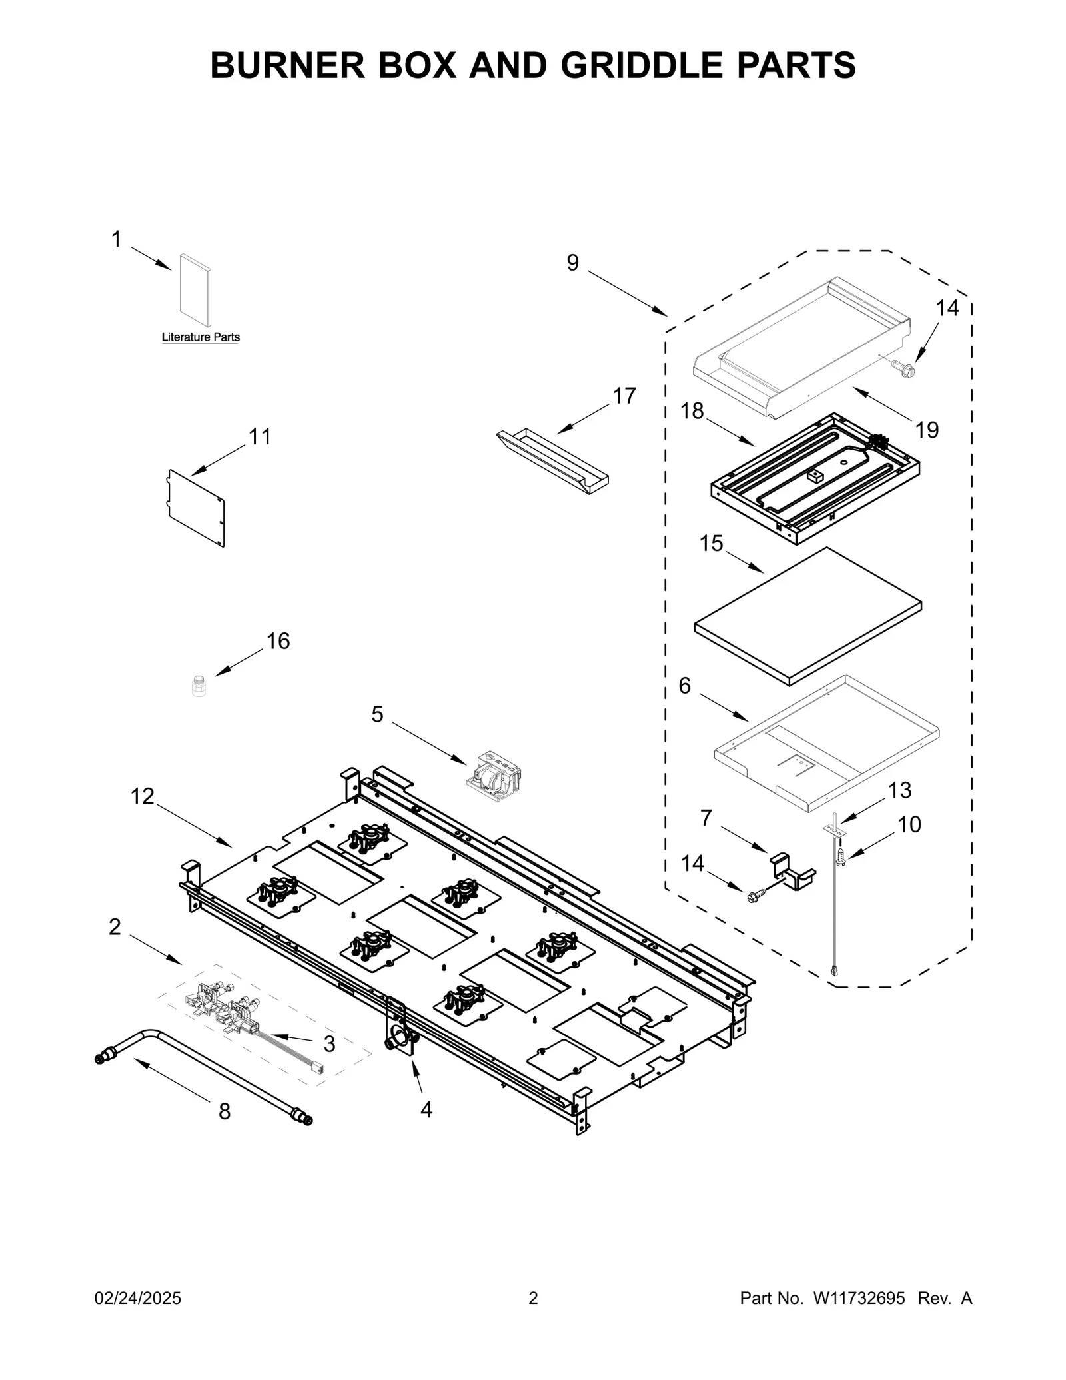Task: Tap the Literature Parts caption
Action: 201,337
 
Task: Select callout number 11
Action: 260,437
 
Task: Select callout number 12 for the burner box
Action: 142,796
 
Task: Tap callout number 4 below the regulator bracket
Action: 426,1109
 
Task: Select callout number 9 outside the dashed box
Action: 573,263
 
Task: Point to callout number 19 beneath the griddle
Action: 927,430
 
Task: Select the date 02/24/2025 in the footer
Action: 138,1298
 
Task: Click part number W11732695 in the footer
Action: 858,1298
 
